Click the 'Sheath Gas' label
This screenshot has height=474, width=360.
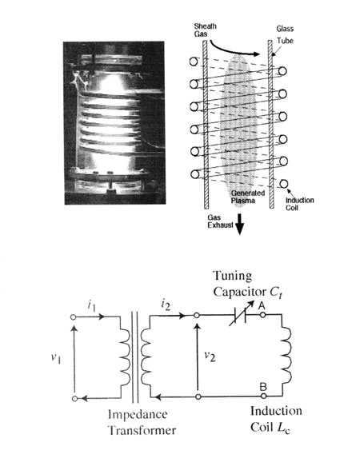point(205,30)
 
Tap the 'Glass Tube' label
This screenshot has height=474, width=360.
point(285,34)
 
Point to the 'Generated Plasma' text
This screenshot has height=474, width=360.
point(248,197)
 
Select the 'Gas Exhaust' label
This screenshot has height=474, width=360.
point(220,221)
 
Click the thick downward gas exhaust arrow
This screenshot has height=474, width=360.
point(239,224)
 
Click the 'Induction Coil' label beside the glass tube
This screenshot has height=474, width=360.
point(299,204)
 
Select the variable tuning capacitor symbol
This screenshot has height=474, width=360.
point(241,313)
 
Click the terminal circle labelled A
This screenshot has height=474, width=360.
point(263,315)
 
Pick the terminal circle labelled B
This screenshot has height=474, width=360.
point(263,396)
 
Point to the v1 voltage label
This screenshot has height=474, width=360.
point(56,358)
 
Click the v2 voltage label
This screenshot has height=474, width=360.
point(210,356)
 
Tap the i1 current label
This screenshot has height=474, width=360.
point(92,306)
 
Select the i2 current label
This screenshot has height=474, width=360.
point(166,305)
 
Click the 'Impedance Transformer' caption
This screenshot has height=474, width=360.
point(142,422)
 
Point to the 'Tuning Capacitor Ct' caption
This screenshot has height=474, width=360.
point(248,284)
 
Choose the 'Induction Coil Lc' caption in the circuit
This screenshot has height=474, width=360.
point(276,420)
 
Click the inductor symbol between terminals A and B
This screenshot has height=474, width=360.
point(286,355)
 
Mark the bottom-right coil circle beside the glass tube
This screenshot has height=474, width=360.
point(283,184)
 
